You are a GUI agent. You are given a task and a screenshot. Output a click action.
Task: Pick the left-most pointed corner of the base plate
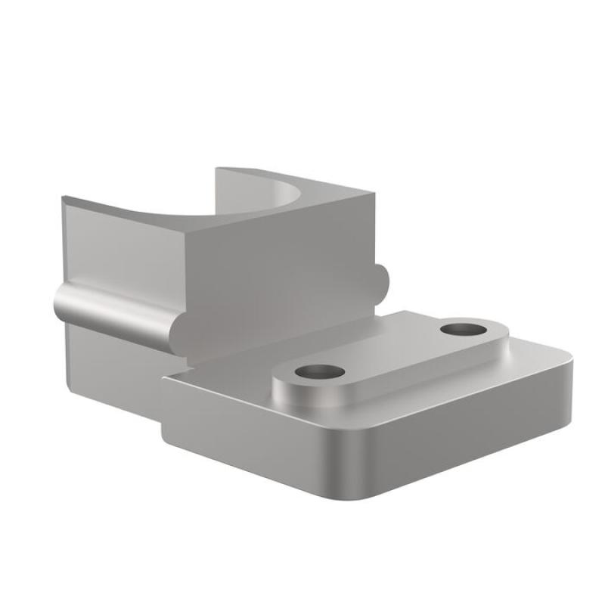164,377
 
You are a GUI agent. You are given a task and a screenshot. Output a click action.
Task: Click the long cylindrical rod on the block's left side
121,312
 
